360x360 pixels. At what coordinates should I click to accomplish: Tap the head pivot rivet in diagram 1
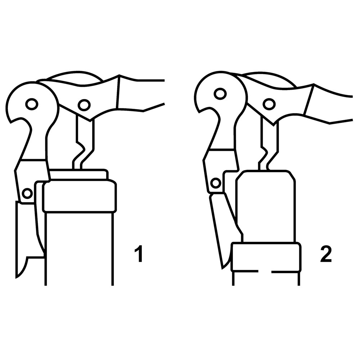tap(32, 104)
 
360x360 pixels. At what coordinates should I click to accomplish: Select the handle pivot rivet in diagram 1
tap(84, 105)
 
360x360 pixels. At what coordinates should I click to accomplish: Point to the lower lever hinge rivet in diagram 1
tap(27, 193)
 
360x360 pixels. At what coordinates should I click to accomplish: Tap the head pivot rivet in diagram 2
tap(220, 94)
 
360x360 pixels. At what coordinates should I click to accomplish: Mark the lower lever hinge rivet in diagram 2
tap(216, 183)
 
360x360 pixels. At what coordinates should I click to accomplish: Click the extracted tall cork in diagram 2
tap(266, 206)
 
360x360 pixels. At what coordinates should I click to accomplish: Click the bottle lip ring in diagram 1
tap(80, 196)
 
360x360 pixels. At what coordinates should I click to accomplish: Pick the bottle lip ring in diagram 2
tap(266, 257)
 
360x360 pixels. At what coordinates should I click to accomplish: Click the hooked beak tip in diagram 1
tap(10, 123)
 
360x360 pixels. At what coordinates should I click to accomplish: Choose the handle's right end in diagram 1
tap(165, 92)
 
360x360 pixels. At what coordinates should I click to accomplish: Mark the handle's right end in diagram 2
tap(352, 108)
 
